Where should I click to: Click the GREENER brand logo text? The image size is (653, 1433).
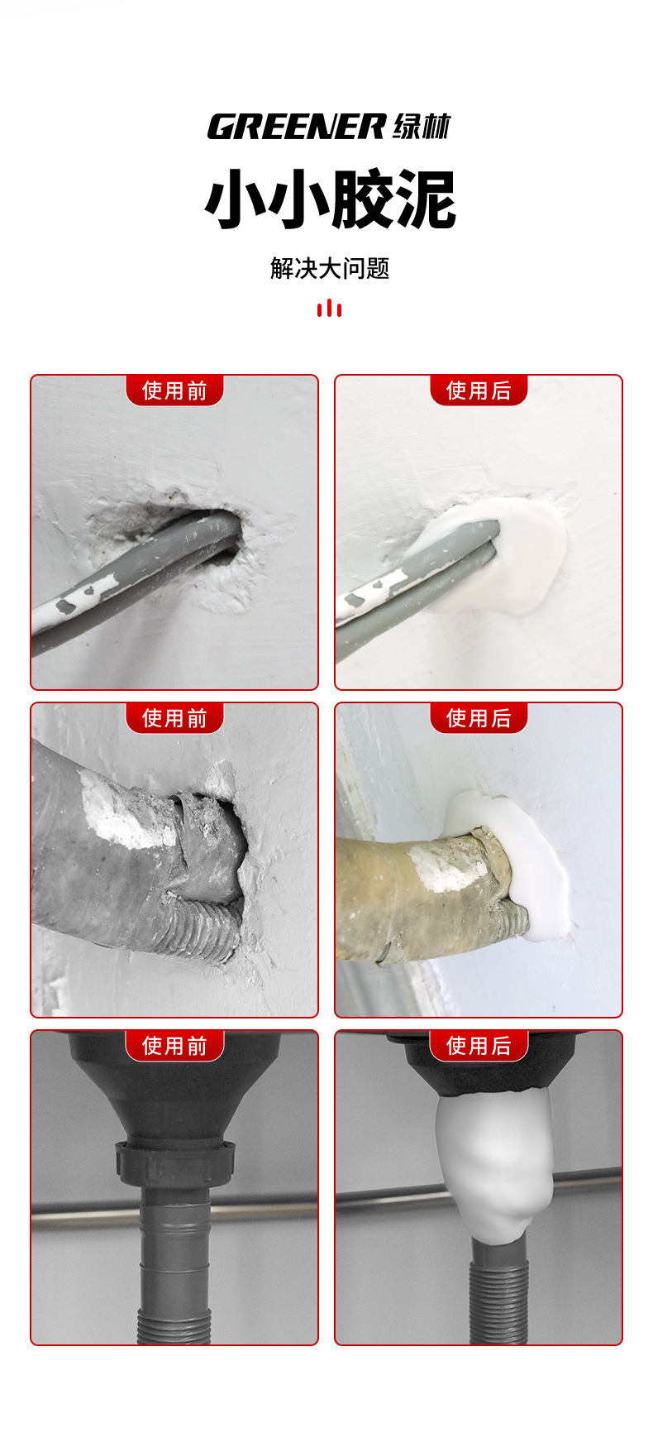pyautogui.click(x=296, y=127)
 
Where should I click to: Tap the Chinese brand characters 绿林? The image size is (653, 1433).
pyautogui.click(x=422, y=127)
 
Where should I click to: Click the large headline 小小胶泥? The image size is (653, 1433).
pyautogui.click(x=330, y=199)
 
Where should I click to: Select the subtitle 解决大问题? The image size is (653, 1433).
pyautogui.click(x=330, y=268)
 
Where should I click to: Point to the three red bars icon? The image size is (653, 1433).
pyautogui.click(x=329, y=308)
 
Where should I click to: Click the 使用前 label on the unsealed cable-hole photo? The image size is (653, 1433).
pyautogui.click(x=174, y=391)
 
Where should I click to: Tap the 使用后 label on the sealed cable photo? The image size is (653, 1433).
pyautogui.click(x=479, y=391)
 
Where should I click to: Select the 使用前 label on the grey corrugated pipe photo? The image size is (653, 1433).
pyautogui.click(x=174, y=718)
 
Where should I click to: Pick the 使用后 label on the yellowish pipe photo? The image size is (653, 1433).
pyautogui.click(x=479, y=718)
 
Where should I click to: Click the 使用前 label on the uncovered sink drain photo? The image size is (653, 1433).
pyautogui.click(x=174, y=1046)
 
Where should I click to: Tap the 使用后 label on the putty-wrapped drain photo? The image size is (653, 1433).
pyautogui.click(x=479, y=1046)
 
